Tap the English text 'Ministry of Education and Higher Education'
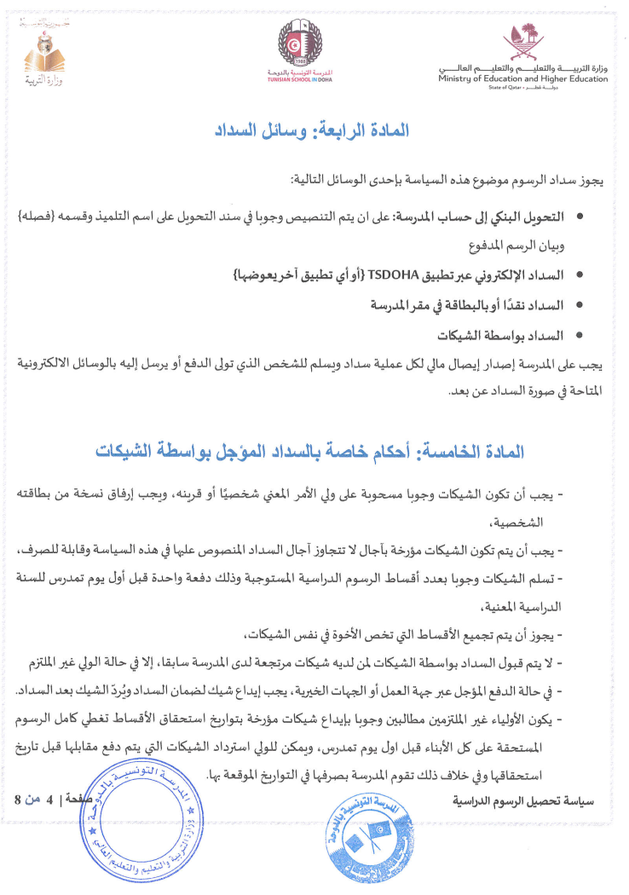(x=523, y=79)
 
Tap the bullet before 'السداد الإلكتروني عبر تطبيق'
(x=580, y=276)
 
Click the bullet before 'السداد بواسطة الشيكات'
(x=580, y=334)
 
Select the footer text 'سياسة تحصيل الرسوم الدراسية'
(x=526, y=801)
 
